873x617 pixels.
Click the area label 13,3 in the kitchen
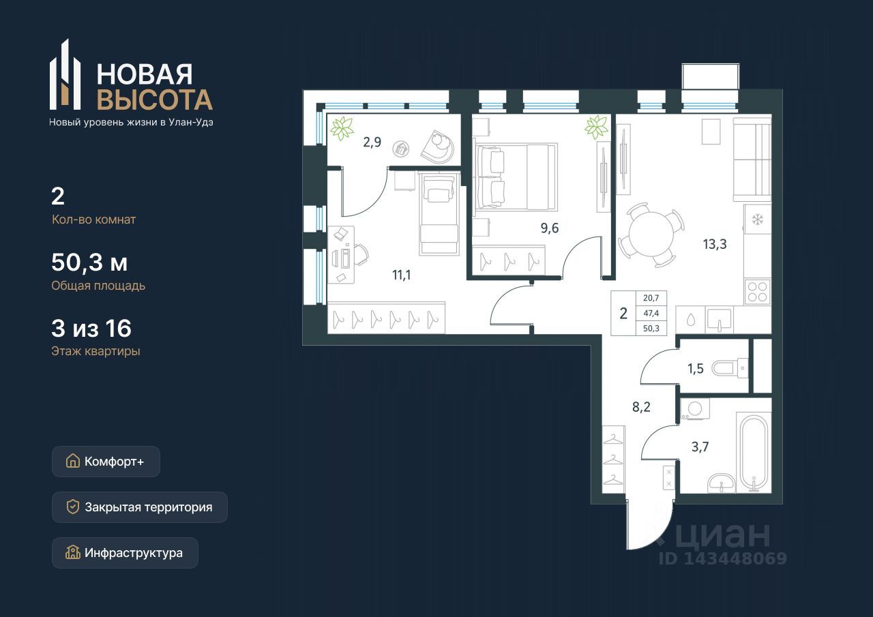pyautogui.click(x=715, y=244)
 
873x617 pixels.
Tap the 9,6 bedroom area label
pyautogui.click(x=550, y=228)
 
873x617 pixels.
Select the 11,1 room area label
pyautogui.click(x=402, y=275)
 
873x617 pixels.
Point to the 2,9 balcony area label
pyautogui.click(x=372, y=142)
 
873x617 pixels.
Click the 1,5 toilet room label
pyautogui.click(x=695, y=368)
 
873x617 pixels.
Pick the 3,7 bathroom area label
pyautogui.click(x=700, y=447)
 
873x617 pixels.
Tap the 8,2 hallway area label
pyautogui.click(x=641, y=407)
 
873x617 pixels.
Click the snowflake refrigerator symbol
pyautogui.click(x=757, y=220)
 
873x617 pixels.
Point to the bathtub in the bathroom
pyautogui.click(x=754, y=453)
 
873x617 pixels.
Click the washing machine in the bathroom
pyautogui.click(x=695, y=409)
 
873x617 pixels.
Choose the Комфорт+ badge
pyautogui.click(x=106, y=462)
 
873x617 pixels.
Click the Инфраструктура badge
pyautogui.click(x=125, y=553)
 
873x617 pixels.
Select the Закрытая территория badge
pyautogui.click(x=140, y=507)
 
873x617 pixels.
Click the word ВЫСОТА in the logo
pyautogui.click(x=155, y=100)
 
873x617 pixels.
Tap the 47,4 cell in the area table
pyautogui.click(x=651, y=313)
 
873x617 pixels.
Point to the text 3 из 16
pyautogui.click(x=91, y=328)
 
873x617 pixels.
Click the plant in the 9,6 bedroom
pyautogui.click(x=596, y=127)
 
